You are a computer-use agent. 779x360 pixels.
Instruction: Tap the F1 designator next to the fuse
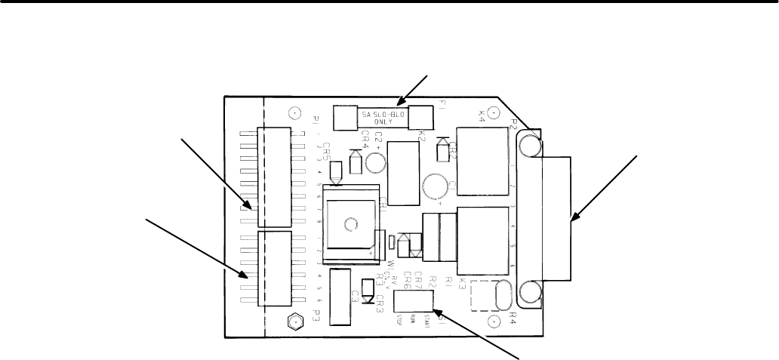[x=444, y=109]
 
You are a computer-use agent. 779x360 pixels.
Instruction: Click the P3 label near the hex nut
[x=317, y=314]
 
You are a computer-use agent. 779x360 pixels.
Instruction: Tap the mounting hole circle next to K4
[x=492, y=113]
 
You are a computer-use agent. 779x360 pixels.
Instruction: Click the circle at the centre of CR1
[x=349, y=224]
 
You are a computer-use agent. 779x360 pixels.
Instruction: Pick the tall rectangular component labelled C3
[x=340, y=297]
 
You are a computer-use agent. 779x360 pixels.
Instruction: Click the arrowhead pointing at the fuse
[x=404, y=103]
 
